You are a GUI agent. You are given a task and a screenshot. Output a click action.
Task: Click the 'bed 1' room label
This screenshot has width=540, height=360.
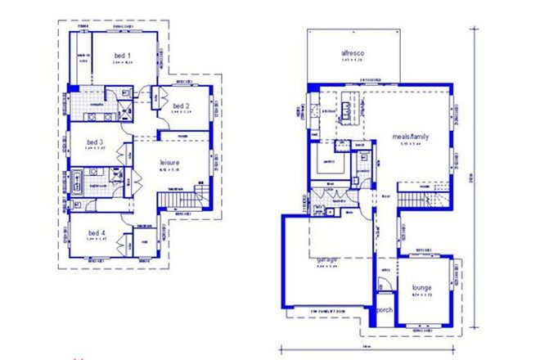coord(123,56)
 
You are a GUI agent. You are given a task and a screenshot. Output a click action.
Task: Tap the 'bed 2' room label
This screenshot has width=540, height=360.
coord(181,106)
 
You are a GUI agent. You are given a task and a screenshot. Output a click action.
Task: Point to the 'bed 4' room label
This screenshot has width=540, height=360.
coord(97,232)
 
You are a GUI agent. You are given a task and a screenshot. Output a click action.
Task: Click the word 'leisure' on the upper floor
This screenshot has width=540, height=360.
coord(169,164)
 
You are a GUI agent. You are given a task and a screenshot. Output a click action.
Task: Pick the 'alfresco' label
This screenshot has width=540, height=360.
coord(353,55)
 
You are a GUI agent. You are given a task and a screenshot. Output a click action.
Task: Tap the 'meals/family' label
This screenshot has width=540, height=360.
coord(411,137)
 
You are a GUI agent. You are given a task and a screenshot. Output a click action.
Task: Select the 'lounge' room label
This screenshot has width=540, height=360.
coord(421,287)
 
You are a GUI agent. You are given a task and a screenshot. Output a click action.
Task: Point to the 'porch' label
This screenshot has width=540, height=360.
coord(385,312)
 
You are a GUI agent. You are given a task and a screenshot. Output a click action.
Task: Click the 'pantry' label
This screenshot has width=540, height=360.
coord(329,161)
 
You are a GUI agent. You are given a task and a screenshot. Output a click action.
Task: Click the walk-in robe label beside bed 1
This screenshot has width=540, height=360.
coord(83,56)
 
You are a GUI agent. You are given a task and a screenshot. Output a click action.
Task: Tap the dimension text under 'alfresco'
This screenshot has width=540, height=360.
coord(353,63)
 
